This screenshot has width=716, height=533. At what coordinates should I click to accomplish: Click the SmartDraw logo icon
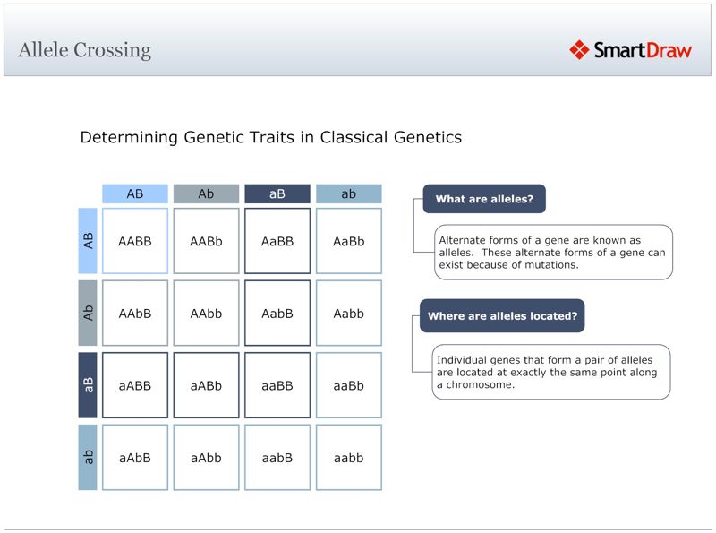[579, 50]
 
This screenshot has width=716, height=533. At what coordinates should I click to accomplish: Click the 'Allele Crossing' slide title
[84, 50]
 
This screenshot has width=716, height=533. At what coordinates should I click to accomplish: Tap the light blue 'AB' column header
[134, 193]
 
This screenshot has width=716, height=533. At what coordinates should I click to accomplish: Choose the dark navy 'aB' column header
[277, 193]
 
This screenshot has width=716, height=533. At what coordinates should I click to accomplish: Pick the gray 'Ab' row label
[88, 313]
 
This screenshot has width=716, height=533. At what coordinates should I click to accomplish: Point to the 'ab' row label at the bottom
[88, 457]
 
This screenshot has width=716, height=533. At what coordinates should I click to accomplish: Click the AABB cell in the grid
[135, 241]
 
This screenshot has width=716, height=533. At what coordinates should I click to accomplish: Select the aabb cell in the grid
[349, 457]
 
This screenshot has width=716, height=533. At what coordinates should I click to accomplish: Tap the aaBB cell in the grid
[277, 385]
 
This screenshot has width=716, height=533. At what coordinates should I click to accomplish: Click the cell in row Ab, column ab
[349, 313]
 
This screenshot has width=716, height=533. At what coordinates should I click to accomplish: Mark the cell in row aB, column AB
[135, 385]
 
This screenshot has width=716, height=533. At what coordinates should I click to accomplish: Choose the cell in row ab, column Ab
[206, 457]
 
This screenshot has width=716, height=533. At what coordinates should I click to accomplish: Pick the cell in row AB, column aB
[277, 241]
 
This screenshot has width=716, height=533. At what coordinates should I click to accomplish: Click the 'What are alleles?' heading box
[484, 199]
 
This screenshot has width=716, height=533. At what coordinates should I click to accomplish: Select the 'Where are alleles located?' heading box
[502, 316]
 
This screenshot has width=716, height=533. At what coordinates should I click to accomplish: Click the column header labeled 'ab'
[349, 193]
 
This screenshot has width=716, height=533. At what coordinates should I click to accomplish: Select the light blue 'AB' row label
[88, 241]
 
